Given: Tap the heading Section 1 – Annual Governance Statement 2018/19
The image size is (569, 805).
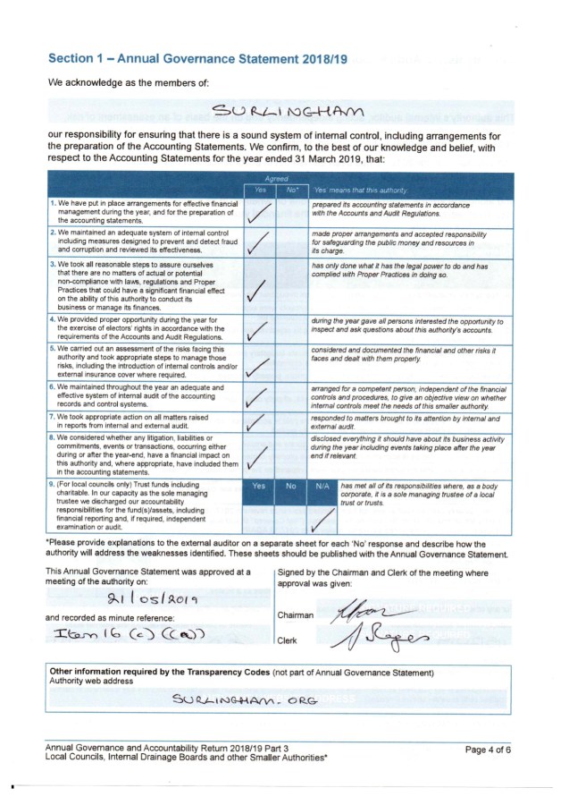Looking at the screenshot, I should point(197,58).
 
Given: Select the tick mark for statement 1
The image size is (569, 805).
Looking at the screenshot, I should point(257,211).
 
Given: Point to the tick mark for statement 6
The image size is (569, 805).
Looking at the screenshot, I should point(257,395).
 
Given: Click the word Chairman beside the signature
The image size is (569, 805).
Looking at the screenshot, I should point(296,615).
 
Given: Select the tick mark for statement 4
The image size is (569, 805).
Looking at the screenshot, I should point(257,331).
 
